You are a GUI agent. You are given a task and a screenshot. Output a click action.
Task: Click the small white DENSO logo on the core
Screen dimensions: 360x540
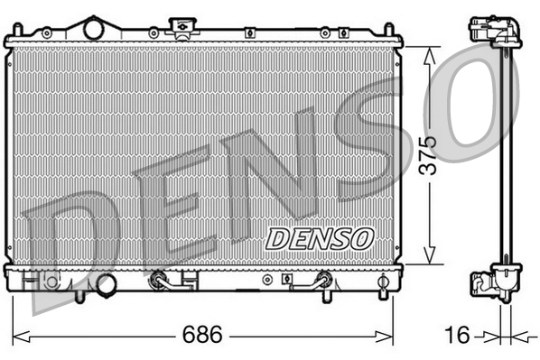pos(320,238)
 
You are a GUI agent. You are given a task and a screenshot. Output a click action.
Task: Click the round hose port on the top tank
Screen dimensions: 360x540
pos(95,29)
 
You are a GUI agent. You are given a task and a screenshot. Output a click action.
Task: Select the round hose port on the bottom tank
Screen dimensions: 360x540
pos(107,284)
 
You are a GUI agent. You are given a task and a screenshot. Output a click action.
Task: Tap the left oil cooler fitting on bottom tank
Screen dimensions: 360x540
pos(161,281)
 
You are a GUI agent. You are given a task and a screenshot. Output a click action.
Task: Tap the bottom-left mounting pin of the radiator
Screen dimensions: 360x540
pos(79,294)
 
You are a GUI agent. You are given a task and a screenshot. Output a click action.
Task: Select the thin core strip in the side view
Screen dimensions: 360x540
pos(503,153)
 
